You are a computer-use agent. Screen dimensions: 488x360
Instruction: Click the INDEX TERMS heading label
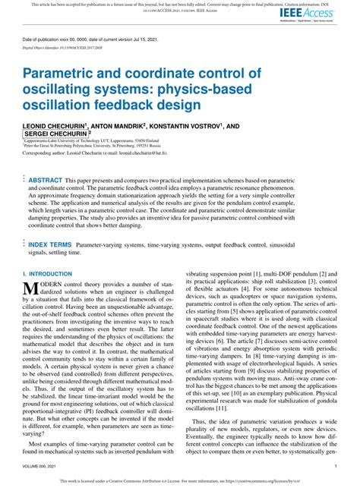click(x=49, y=245)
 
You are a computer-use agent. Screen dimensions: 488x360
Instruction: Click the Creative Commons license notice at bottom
click(x=180, y=481)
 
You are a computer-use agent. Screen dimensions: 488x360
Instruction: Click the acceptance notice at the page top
click(x=180, y=5)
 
